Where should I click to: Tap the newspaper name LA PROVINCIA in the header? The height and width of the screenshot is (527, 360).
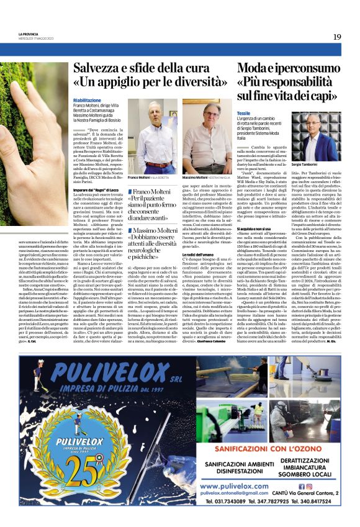tap(29, 34)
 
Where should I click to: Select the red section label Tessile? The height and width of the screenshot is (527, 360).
tap(243, 113)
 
